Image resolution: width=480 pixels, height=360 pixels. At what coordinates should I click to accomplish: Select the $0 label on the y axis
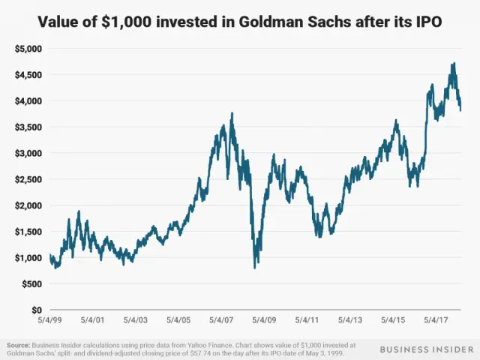[34, 310]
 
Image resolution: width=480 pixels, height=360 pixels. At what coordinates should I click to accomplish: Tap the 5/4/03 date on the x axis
[139, 319]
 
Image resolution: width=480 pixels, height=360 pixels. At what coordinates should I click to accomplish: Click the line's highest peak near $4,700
[454, 64]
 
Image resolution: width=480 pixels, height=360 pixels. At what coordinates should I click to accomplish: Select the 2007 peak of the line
[232, 113]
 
